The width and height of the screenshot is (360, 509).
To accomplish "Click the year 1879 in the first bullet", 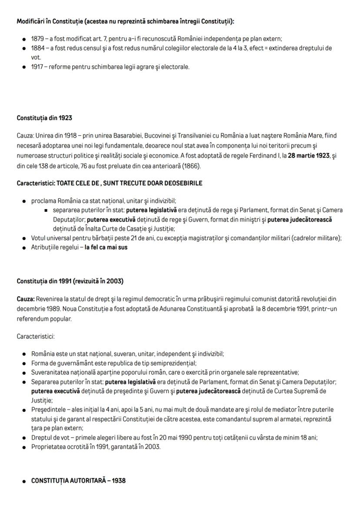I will (x=37, y=39).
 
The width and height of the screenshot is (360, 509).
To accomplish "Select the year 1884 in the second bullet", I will (x=38, y=48).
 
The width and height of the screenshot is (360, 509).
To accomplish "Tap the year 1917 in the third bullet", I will (x=37, y=67).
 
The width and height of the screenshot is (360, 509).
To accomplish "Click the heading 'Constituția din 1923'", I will (x=44, y=118).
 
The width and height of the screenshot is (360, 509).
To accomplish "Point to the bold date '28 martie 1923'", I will (x=309, y=156).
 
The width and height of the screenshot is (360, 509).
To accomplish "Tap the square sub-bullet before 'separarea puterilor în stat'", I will (x=46, y=211).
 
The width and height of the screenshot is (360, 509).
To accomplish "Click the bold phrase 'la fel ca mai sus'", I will (x=106, y=247).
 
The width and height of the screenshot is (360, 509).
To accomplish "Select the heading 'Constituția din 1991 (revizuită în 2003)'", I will (x=70, y=281).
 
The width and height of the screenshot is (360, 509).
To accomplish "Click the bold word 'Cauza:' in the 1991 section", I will (x=26, y=299).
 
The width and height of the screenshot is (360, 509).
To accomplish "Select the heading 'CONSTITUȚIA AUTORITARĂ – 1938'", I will (x=78, y=481).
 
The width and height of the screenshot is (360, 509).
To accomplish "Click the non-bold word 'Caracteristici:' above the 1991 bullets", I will (x=36, y=336).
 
